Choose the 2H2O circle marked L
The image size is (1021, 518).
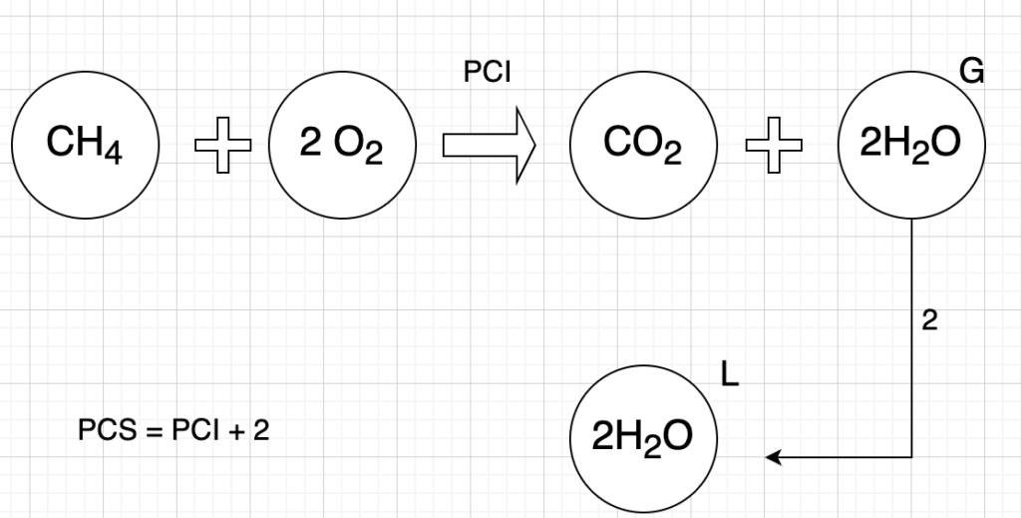(642, 438)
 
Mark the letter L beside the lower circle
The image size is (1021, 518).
(729, 380)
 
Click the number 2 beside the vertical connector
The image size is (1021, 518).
(929, 322)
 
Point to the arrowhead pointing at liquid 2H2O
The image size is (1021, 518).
(772, 457)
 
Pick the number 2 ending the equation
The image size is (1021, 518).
(262, 430)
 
